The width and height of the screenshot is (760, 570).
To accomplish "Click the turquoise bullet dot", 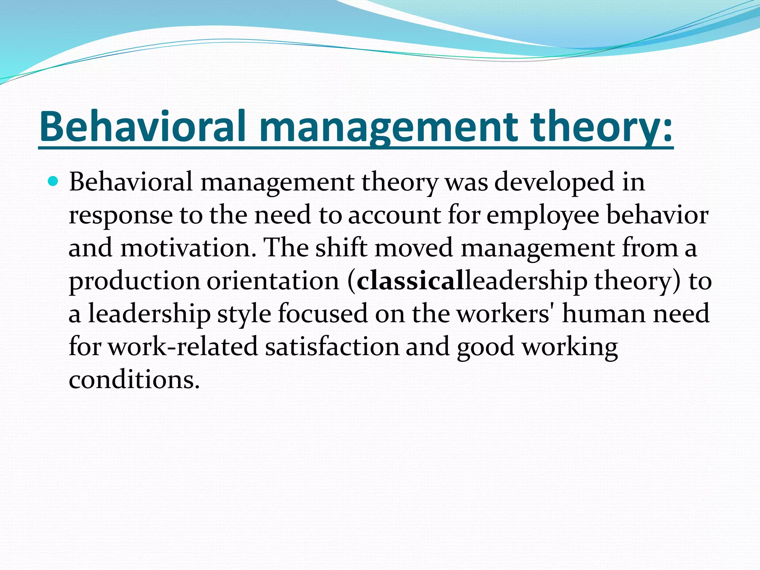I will (x=53, y=181).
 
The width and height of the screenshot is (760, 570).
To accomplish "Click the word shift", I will (x=341, y=248).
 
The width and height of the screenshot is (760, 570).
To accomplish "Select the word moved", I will (x=414, y=248).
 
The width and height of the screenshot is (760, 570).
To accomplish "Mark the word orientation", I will (x=273, y=281).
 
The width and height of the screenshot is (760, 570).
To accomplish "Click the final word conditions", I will (x=134, y=380).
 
